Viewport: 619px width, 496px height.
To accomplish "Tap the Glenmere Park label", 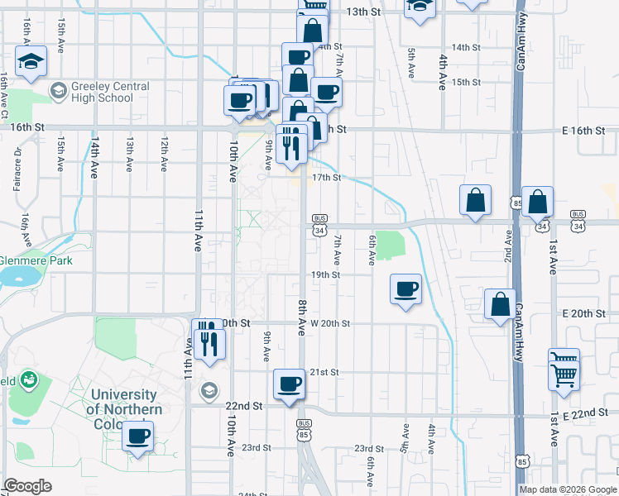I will click(x=47, y=260).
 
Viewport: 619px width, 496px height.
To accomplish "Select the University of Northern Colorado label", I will click(x=124, y=403).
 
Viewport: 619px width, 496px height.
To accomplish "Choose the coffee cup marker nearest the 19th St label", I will click(x=405, y=289).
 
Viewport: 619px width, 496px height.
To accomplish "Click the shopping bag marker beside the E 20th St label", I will click(x=501, y=305).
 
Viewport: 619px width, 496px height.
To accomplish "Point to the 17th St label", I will click(x=326, y=178).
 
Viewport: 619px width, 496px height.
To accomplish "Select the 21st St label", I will click(x=324, y=373).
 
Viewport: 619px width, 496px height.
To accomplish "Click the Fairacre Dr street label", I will click(x=17, y=169).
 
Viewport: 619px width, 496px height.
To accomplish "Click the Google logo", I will click(x=28, y=486).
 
